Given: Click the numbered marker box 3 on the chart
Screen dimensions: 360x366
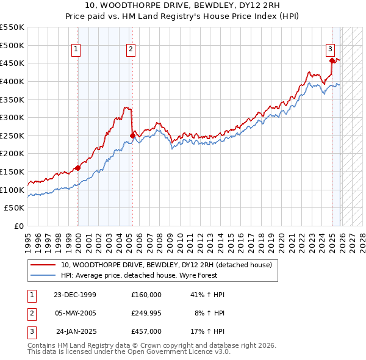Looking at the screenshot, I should click(330, 50).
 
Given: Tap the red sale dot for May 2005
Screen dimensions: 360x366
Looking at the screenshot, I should click(132, 135).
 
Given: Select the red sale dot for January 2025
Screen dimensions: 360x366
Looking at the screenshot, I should click(332, 60).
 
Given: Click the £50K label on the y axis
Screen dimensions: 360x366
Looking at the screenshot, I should click(15, 208).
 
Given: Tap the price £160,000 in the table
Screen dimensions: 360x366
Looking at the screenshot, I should click(146, 295).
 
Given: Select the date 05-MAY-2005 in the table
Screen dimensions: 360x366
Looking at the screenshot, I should click(75, 313).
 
